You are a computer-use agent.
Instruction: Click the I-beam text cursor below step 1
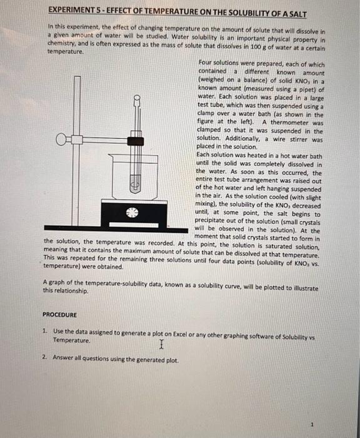(x=161, y=345)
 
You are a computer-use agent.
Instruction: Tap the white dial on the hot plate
(x=131, y=212)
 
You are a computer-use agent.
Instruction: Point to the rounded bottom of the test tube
(x=132, y=188)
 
